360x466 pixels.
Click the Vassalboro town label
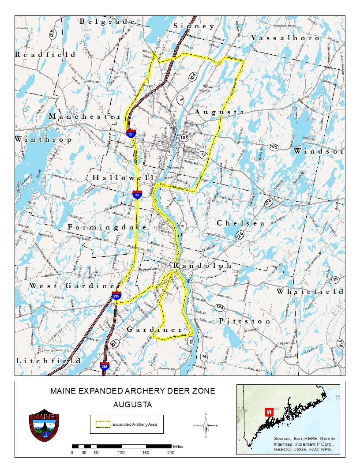(x=285, y=38)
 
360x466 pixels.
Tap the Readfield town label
(x=45, y=54)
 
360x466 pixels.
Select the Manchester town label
(x=85, y=116)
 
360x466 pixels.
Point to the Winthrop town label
(x=43, y=139)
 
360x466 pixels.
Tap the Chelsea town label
(x=240, y=223)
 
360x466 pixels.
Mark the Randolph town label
(x=202, y=265)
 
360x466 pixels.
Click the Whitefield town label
(x=310, y=291)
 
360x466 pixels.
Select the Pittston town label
(x=245, y=321)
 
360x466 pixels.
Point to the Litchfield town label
(x=49, y=361)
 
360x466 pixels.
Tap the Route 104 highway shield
(x=192, y=76)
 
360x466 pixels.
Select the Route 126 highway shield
(x=334, y=280)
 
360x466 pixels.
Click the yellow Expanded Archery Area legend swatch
(x=103, y=425)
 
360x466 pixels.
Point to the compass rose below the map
(x=206, y=425)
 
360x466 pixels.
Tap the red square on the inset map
(x=268, y=412)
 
